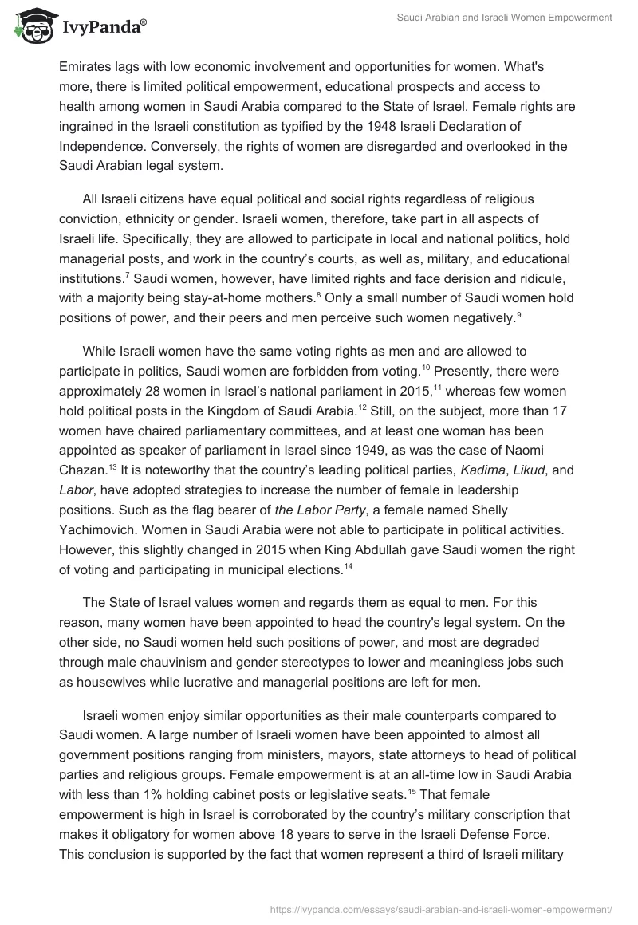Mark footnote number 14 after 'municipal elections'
pyautogui.click(x=348, y=566)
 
